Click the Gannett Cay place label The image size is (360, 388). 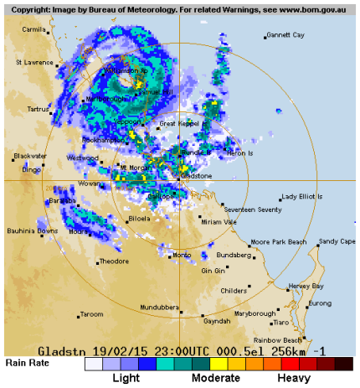(x=285, y=35)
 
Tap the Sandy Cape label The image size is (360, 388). (x=337, y=241)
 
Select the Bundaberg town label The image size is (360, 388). (x=234, y=254)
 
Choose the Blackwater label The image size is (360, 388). (x=31, y=156)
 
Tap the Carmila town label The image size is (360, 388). (x=34, y=28)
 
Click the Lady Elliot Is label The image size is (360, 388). (x=301, y=196)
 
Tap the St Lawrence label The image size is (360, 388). (x=35, y=62)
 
